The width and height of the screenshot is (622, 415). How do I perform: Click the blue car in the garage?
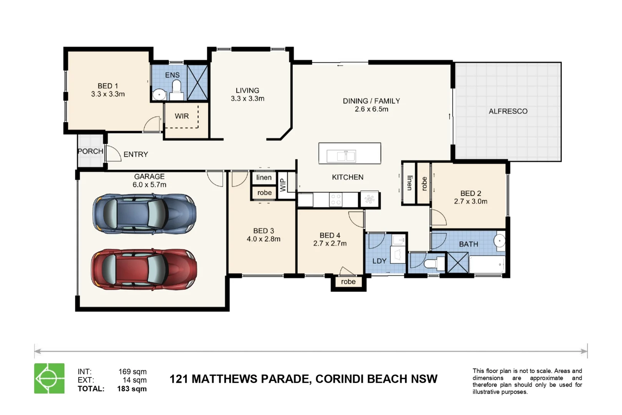coord(144,214)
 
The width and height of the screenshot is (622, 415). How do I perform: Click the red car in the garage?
coord(144,269)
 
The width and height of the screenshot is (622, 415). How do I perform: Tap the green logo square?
coord(50,378)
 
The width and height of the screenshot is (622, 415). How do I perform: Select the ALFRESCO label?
coord(508,111)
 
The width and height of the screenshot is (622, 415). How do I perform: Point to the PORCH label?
coord(91,151)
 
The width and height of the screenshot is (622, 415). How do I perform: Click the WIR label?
coord(182,116)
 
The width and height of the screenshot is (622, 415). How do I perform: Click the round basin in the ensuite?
coord(159,95)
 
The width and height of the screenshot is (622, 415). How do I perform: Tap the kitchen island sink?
coord(341,156)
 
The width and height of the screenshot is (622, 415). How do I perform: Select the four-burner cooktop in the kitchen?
coord(336,199)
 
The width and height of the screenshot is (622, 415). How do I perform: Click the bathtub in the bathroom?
coord(487,264)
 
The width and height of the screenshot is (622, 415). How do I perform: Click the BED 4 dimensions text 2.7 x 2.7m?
coord(330,244)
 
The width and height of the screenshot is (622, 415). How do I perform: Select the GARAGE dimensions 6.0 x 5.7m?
coord(149,185)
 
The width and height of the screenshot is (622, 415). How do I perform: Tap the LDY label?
coord(379,261)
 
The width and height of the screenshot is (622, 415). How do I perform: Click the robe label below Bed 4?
coord(348,282)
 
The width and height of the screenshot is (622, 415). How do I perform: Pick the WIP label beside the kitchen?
coord(283,185)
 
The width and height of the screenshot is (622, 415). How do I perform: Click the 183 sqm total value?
coord(132,388)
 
